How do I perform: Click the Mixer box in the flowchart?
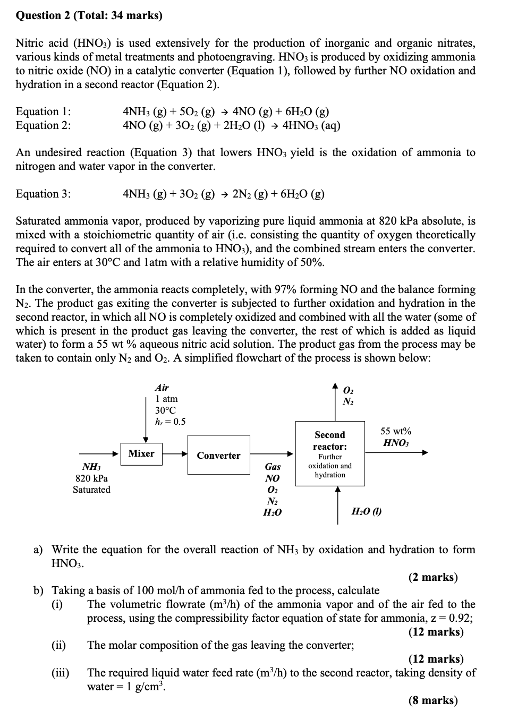pos(141,453)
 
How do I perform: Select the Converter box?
pos(218,455)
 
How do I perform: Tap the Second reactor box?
pos(329,453)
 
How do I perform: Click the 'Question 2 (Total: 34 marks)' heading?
pos(89,15)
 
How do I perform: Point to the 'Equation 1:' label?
pos(43,112)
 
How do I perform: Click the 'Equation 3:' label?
pos(43,194)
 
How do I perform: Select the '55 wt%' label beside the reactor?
pos(395,431)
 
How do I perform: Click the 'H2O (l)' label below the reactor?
pos(367,511)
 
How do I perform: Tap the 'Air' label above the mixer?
pos(162,388)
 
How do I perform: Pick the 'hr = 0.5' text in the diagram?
pos(170,422)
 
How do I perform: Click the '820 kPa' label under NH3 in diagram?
pos(91,478)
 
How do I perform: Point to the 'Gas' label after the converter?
pos(273,467)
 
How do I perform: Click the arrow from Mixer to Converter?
pos(175,454)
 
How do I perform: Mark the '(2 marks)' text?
pos(432,577)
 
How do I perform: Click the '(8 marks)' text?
pos(432,700)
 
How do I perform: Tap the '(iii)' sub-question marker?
pos(60,673)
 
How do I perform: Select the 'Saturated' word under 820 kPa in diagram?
pos(91,490)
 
